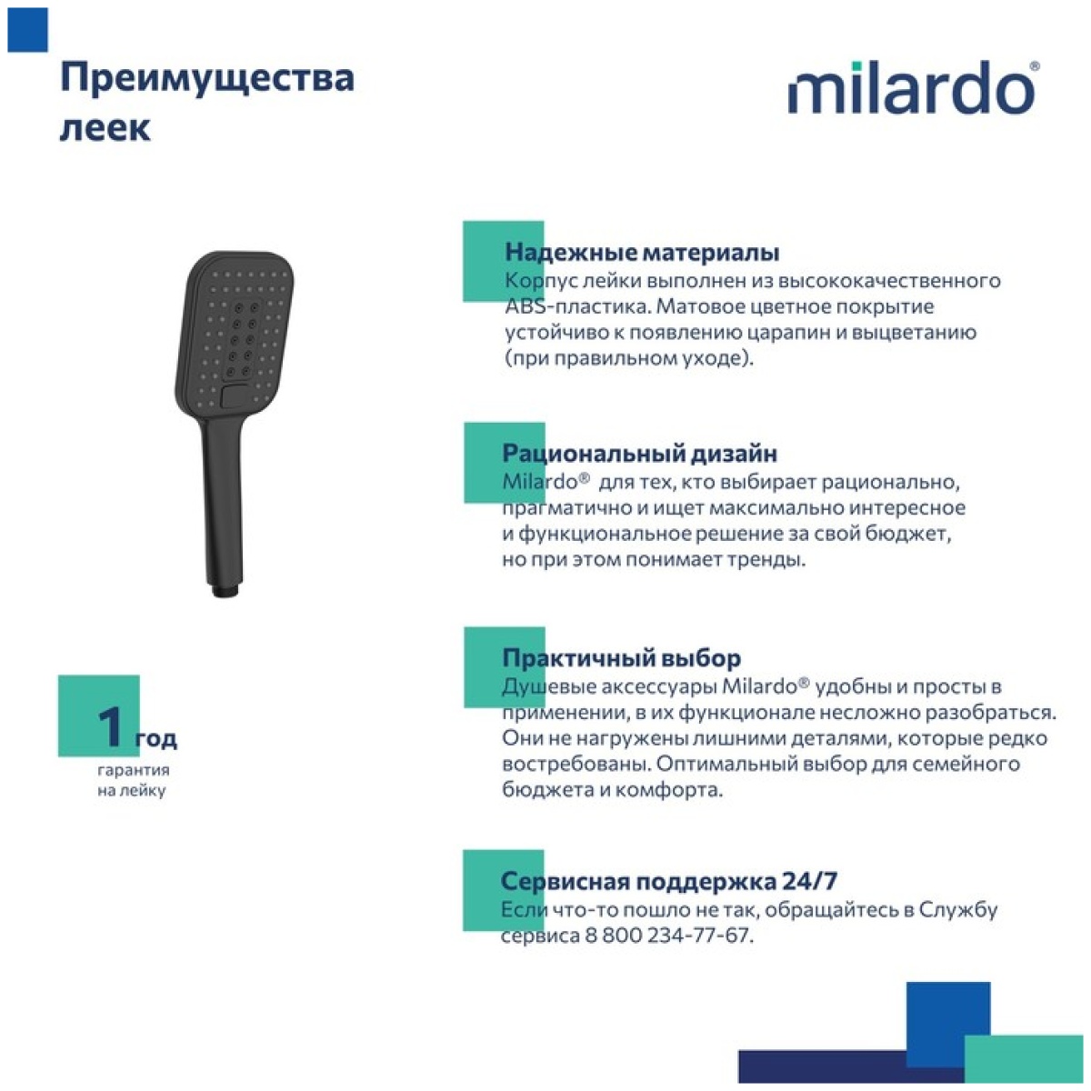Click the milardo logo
pos(914,87)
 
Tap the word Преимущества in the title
pos(207,79)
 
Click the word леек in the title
pos(105,128)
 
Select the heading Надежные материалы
pos(642,253)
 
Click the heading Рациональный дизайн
pos(640,454)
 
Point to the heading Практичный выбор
pos(622,658)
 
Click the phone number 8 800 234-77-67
pos(667,935)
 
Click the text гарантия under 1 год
pos(133,770)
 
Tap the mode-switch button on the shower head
pos(234,395)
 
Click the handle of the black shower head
pos(223,504)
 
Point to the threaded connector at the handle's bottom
pos(225,591)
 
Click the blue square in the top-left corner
pos(28,29)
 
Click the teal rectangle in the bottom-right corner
pos(1024,1058)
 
